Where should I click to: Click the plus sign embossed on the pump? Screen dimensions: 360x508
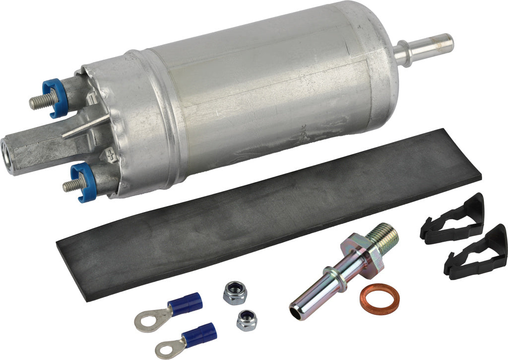pyautogui.click(x=111, y=154)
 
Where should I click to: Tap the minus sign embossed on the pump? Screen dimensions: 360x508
pyautogui.click(x=93, y=100)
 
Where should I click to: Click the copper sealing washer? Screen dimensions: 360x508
pyautogui.click(x=379, y=298)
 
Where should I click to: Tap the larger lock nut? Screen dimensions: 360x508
pyautogui.click(x=233, y=293)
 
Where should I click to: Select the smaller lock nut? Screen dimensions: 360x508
pyautogui.click(x=246, y=321)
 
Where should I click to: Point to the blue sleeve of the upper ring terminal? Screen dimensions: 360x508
pyautogui.click(x=185, y=303)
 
